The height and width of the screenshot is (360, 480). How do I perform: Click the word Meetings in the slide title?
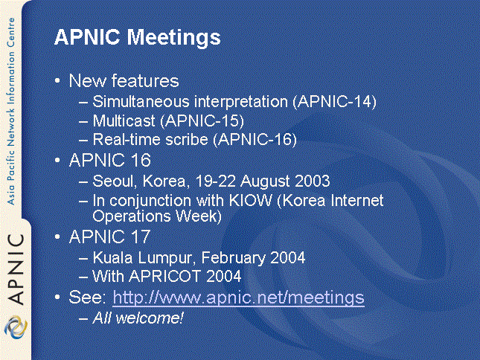coord(173,38)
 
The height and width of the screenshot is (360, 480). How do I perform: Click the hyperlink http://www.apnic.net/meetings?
coord(238,298)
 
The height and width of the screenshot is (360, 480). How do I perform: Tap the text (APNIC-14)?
coord(335,102)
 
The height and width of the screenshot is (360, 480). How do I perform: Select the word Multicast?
coord(124,120)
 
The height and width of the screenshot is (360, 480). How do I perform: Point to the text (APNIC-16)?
coord(255,140)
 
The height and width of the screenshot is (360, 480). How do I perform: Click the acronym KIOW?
coord(250,201)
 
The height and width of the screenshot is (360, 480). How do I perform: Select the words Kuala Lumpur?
coord(142,258)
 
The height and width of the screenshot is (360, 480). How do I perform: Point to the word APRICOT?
coord(164,276)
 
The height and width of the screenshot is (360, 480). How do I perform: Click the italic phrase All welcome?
coord(138,318)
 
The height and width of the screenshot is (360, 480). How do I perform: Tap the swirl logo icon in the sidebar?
coord(16,327)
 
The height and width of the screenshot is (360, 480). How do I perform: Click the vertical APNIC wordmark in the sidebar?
coord(16,269)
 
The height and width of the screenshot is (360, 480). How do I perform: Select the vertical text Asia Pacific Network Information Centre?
coord(11,112)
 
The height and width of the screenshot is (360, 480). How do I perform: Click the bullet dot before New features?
coord(57,81)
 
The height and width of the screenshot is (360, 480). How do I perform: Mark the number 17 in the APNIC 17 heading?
coord(140,237)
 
